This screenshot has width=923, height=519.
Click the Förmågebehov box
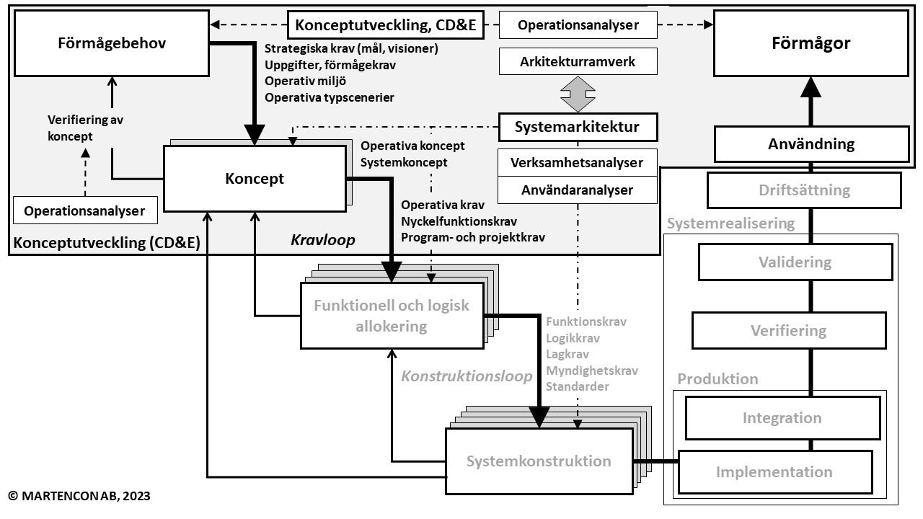pyautogui.click(x=112, y=43)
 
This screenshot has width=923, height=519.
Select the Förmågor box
pyautogui.click(x=811, y=43)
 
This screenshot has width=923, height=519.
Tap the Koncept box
pyautogui.click(x=255, y=179)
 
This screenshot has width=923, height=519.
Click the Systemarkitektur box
pyautogui.click(x=578, y=128)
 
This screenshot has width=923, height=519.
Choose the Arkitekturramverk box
pyautogui.click(x=578, y=62)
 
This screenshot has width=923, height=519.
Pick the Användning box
pyautogui.click(x=811, y=143)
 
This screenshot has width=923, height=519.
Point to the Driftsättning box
pyautogui.click(x=804, y=191)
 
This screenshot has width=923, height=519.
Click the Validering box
pyautogui.click(x=795, y=262)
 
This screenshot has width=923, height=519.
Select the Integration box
pyautogui.click(x=782, y=418)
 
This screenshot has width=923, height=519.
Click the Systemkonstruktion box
pyautogui.click(x=538, y=461)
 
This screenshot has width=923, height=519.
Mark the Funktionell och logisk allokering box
pyautogui.click(x=391, y=316)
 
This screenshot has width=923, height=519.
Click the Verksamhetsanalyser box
pyautogui.click(x=578, y=162)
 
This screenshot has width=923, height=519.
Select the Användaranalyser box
pyautogui.click(x=578, y=190)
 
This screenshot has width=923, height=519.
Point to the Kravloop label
pyautogui.click(x=323, y=240)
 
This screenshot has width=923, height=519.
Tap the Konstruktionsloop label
pyautogui.click(x=467, y=376)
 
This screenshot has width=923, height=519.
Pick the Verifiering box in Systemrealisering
pyautogui.click(x=788, y=331)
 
